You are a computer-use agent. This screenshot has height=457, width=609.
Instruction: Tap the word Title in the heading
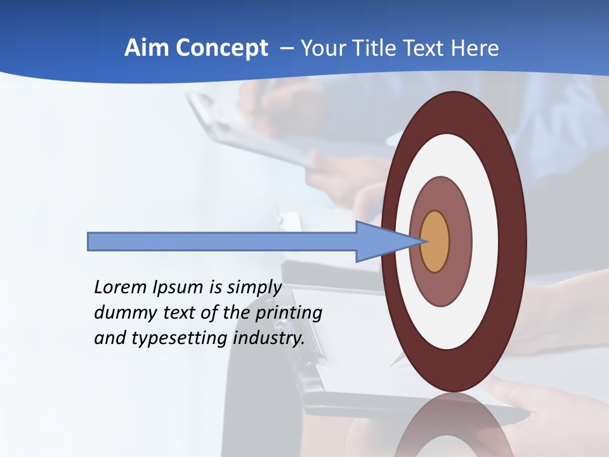point(379,48)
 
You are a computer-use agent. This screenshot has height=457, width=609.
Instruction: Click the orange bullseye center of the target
point(435,242)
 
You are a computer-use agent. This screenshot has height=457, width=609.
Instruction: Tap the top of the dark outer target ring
point(454,102)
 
